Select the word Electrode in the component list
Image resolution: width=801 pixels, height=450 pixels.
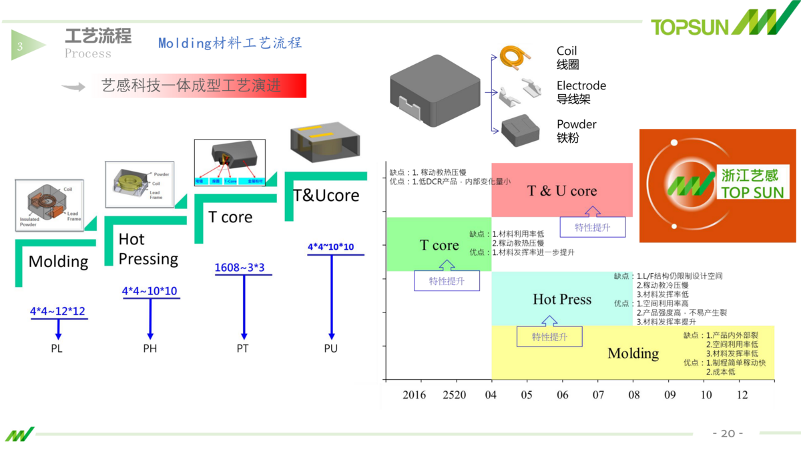[581, 85]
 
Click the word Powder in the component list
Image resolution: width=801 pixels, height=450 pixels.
[576, 124]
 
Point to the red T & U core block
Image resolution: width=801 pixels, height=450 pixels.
[561, 190]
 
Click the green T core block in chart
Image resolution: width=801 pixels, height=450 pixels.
[439, 245]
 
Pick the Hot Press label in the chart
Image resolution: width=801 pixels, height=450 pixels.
[561, 299]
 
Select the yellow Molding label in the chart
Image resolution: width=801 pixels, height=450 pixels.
[633, 353]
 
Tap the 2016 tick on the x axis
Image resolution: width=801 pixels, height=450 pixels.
[414, 395]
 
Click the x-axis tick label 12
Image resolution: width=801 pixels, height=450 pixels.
[742, 395]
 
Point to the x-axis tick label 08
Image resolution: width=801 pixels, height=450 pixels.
[634, 395]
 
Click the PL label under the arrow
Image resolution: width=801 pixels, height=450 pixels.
[57, 349]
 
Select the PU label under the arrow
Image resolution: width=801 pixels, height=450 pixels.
[330, 349]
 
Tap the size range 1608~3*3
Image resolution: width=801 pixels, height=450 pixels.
[240, 268]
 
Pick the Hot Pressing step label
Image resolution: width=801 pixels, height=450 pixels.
[148, 249]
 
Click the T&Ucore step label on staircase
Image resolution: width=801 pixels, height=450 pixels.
[326, 196]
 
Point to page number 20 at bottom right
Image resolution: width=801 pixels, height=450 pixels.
[728, 433]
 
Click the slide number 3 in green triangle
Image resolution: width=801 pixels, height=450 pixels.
[20, 46]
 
